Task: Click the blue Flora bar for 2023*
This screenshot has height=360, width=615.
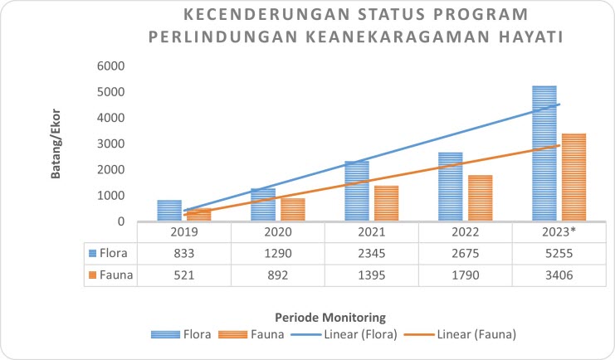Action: (x=544, y=153)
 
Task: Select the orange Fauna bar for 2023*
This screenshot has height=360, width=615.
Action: (x=574, y=178)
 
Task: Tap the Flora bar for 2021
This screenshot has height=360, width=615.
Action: (x=357, y=191)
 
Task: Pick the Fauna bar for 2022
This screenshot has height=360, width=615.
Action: (x=481, y=198)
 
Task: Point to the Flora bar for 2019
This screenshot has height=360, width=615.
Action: (x=169, y=211)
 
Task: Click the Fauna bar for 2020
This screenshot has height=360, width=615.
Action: (x=293, y=210)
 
